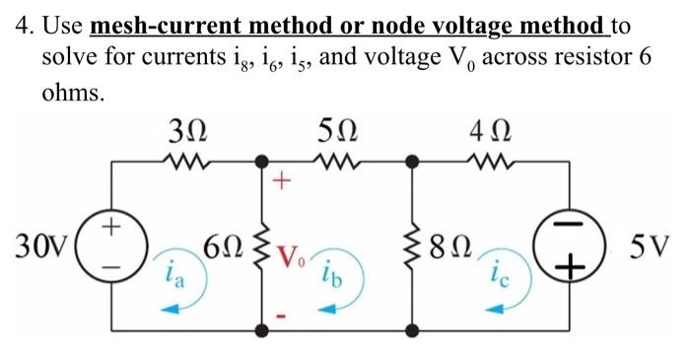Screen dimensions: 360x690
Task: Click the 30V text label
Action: pyautogui.click(x=41, y=244)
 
